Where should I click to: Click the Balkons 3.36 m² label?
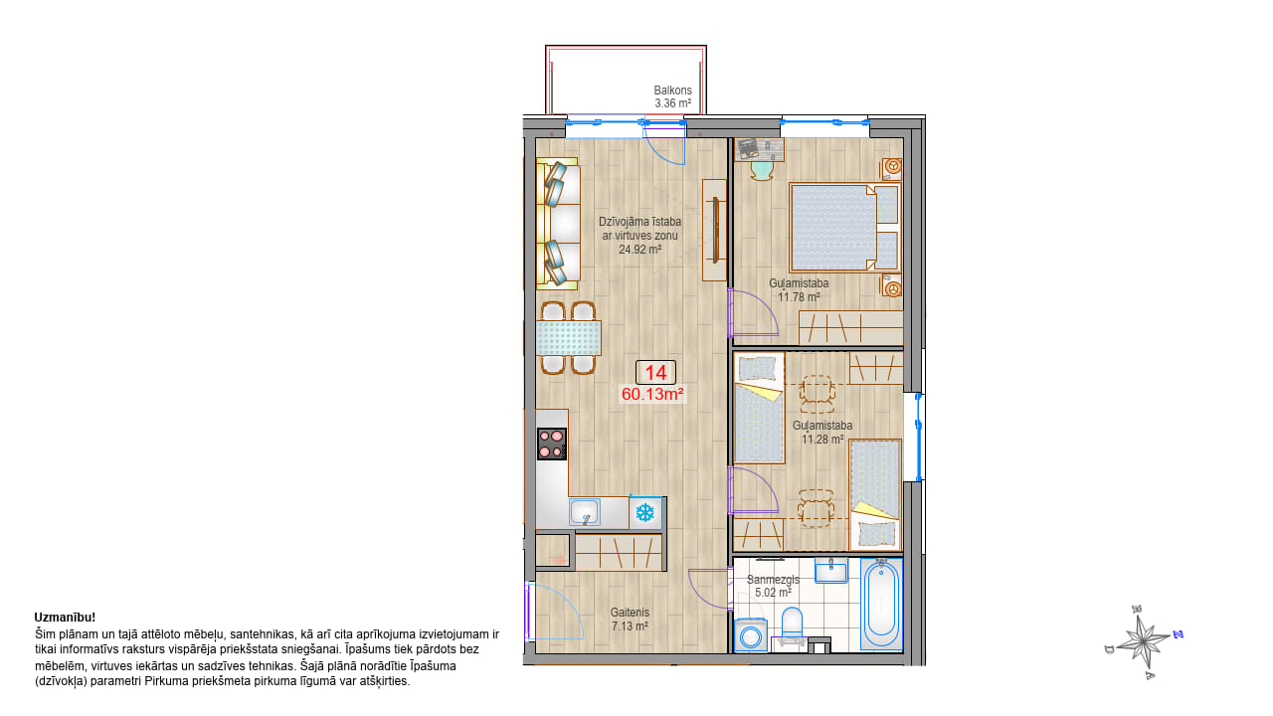coord(672,96)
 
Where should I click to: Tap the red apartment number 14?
coord(655,373)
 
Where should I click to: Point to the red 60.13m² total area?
coord(651,394)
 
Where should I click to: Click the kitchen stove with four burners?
coord(552,444)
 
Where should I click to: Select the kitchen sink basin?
coord(585,512)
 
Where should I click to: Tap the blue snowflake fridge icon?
coord(645,513)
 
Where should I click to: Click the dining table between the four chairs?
coord(568,338)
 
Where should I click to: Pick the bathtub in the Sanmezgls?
coord(881,604)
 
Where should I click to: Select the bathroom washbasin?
coord(831,570)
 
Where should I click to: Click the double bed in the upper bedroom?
coord(844,228)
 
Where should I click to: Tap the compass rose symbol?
coord(1144,642)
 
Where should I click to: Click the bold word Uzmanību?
coord(65,618)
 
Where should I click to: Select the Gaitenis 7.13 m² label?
coord(630,620)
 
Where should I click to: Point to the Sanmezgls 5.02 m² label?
coord(773,586)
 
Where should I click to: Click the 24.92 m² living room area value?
coord(639,250)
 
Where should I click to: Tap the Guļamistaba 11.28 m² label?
coord(822,432)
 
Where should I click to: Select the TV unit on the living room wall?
coord(715,230)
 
